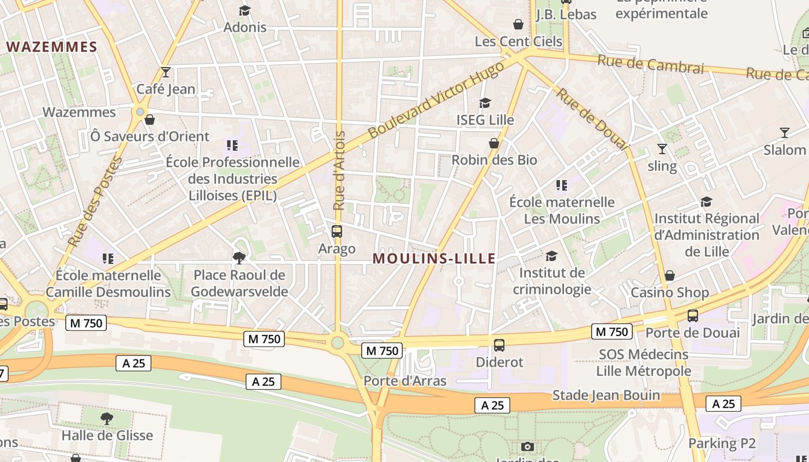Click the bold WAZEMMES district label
[x=51, y=47]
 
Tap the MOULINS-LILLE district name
[x=434, y=258]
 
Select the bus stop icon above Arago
[x=337, y=232]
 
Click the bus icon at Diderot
[x=499, y=345]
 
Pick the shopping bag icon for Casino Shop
[x=670, y=275]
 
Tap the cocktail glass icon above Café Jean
[x=166, y=72]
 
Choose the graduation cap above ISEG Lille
[x=485, y=103]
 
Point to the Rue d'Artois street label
[x=339, y=170]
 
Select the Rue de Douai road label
[x=592, y=118]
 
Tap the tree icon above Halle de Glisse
[x=107, y=418]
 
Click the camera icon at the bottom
[x=527, y=446]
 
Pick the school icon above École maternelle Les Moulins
[x=561, y=185]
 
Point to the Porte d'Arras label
[x=404, y=381]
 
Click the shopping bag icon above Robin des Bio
[x=494, y=143]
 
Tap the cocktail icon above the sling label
[x=662, y=149]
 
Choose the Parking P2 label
[x=722, y=443]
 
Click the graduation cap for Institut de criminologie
[x=552, y=256]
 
